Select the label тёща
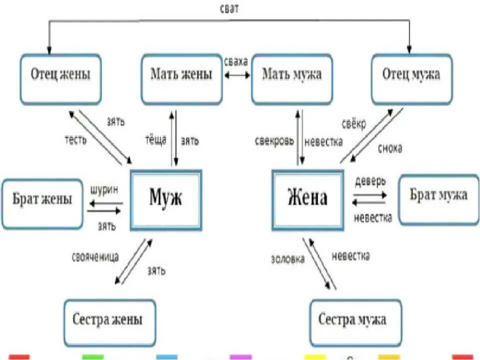tap(156, 141)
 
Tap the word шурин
tap(104, 190)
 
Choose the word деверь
tap(370, 181)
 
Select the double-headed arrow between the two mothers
tap(237, 75)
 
